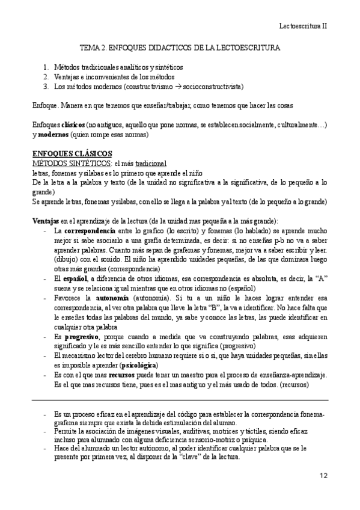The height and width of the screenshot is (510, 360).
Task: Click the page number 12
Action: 323,476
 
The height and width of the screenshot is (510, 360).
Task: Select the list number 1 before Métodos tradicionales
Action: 46,67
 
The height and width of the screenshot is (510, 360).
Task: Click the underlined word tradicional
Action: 150,163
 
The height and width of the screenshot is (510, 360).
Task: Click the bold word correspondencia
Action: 90,230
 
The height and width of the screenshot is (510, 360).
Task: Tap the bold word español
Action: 76,278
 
